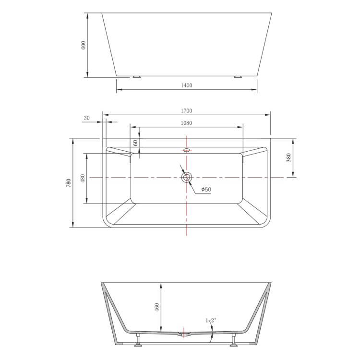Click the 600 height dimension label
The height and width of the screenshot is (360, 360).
tap(84, 45)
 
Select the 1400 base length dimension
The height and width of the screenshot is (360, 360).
tap(186, 85)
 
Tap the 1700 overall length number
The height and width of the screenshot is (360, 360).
tap(186, 111)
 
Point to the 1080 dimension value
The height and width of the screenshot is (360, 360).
tap(186, 123)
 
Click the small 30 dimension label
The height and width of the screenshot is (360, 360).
tap(86, 118)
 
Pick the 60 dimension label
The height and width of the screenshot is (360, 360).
tap(135, 143)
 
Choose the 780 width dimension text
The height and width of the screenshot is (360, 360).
tap(69, 183)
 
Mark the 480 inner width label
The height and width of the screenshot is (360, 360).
tap(83, 178)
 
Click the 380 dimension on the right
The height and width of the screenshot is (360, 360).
tap(288, 158)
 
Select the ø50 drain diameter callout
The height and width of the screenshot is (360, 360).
tap(206, 190)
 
